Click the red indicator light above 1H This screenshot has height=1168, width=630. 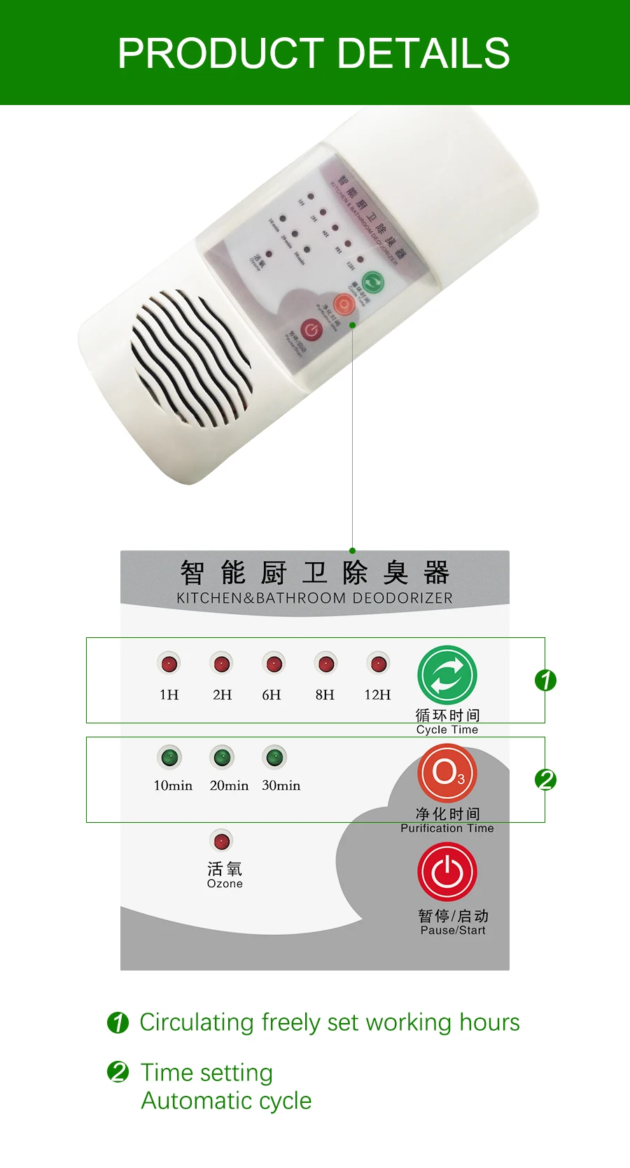[x=169, y=663]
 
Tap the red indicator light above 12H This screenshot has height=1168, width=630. [x=379, y=663]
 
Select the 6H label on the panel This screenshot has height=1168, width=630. [x=272, y=695]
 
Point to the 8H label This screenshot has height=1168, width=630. [x=325, y=695]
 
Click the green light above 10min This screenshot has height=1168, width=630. [x=169, y=757]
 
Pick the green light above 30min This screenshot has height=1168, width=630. [x=274, y=757]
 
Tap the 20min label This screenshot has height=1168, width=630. [x=229, y=786]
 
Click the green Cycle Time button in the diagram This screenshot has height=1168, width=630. [x=447, y=675]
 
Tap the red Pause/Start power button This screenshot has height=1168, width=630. [x=447, y=872]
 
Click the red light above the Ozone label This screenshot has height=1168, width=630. [x=221, y=840]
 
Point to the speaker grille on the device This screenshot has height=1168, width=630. [x=190, y=358]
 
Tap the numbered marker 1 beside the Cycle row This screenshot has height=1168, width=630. [x=545, y=680]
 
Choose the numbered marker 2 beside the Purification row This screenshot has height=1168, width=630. [x=545, y=779]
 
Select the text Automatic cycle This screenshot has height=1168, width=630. [x=226, y=1101]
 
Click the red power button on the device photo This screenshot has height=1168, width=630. [x=311, y=329]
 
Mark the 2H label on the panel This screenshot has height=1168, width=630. [x=222, y=695]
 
